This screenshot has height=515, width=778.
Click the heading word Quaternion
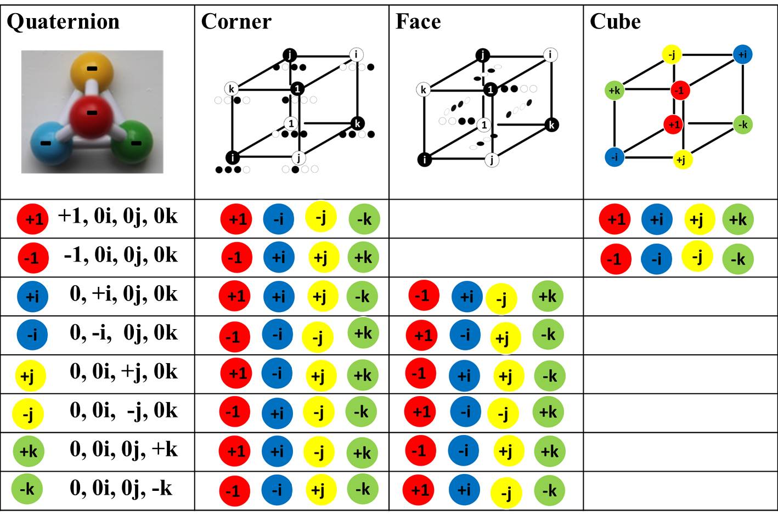coord(63,21)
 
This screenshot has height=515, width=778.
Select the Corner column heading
coord(236,21)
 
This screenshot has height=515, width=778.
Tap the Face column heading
coord(418,21)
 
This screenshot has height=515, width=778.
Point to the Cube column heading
coord(615,21)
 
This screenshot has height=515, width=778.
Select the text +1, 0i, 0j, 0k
coord(118,216)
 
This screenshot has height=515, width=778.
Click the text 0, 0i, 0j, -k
coord(121,488)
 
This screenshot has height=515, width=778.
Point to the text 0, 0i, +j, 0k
coord(123,371)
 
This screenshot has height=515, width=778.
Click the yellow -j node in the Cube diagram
coord(672,54)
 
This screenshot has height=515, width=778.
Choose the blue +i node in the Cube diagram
coord(742,54)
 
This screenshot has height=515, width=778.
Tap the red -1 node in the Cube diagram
coord(680,90)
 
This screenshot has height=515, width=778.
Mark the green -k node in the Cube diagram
coord(742,124)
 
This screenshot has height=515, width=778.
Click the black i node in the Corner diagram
coord(233,157)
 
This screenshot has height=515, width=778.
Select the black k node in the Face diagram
coord(551,124)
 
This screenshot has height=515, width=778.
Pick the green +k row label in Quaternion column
coord(29,451)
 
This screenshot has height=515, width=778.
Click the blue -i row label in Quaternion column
coord(32,334)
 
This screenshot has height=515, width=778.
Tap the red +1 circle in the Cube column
coord(616,219)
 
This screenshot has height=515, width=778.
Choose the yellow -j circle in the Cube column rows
coord(697,256)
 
